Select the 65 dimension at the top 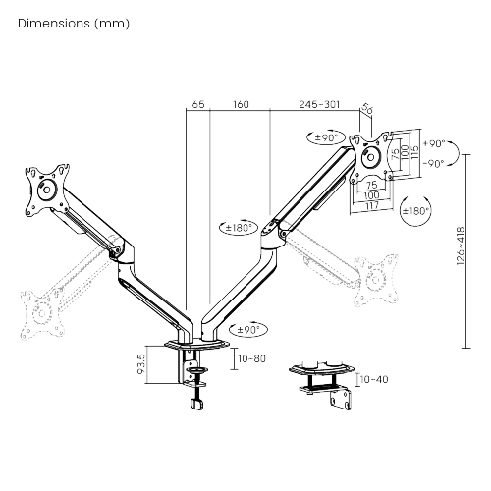[198, 103]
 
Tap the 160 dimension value [240, 103]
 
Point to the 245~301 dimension [319, 103]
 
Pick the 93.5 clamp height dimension [142, 364]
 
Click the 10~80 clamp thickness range [253, 360]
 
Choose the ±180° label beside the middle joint [239, 227]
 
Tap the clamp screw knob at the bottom [197, 405]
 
